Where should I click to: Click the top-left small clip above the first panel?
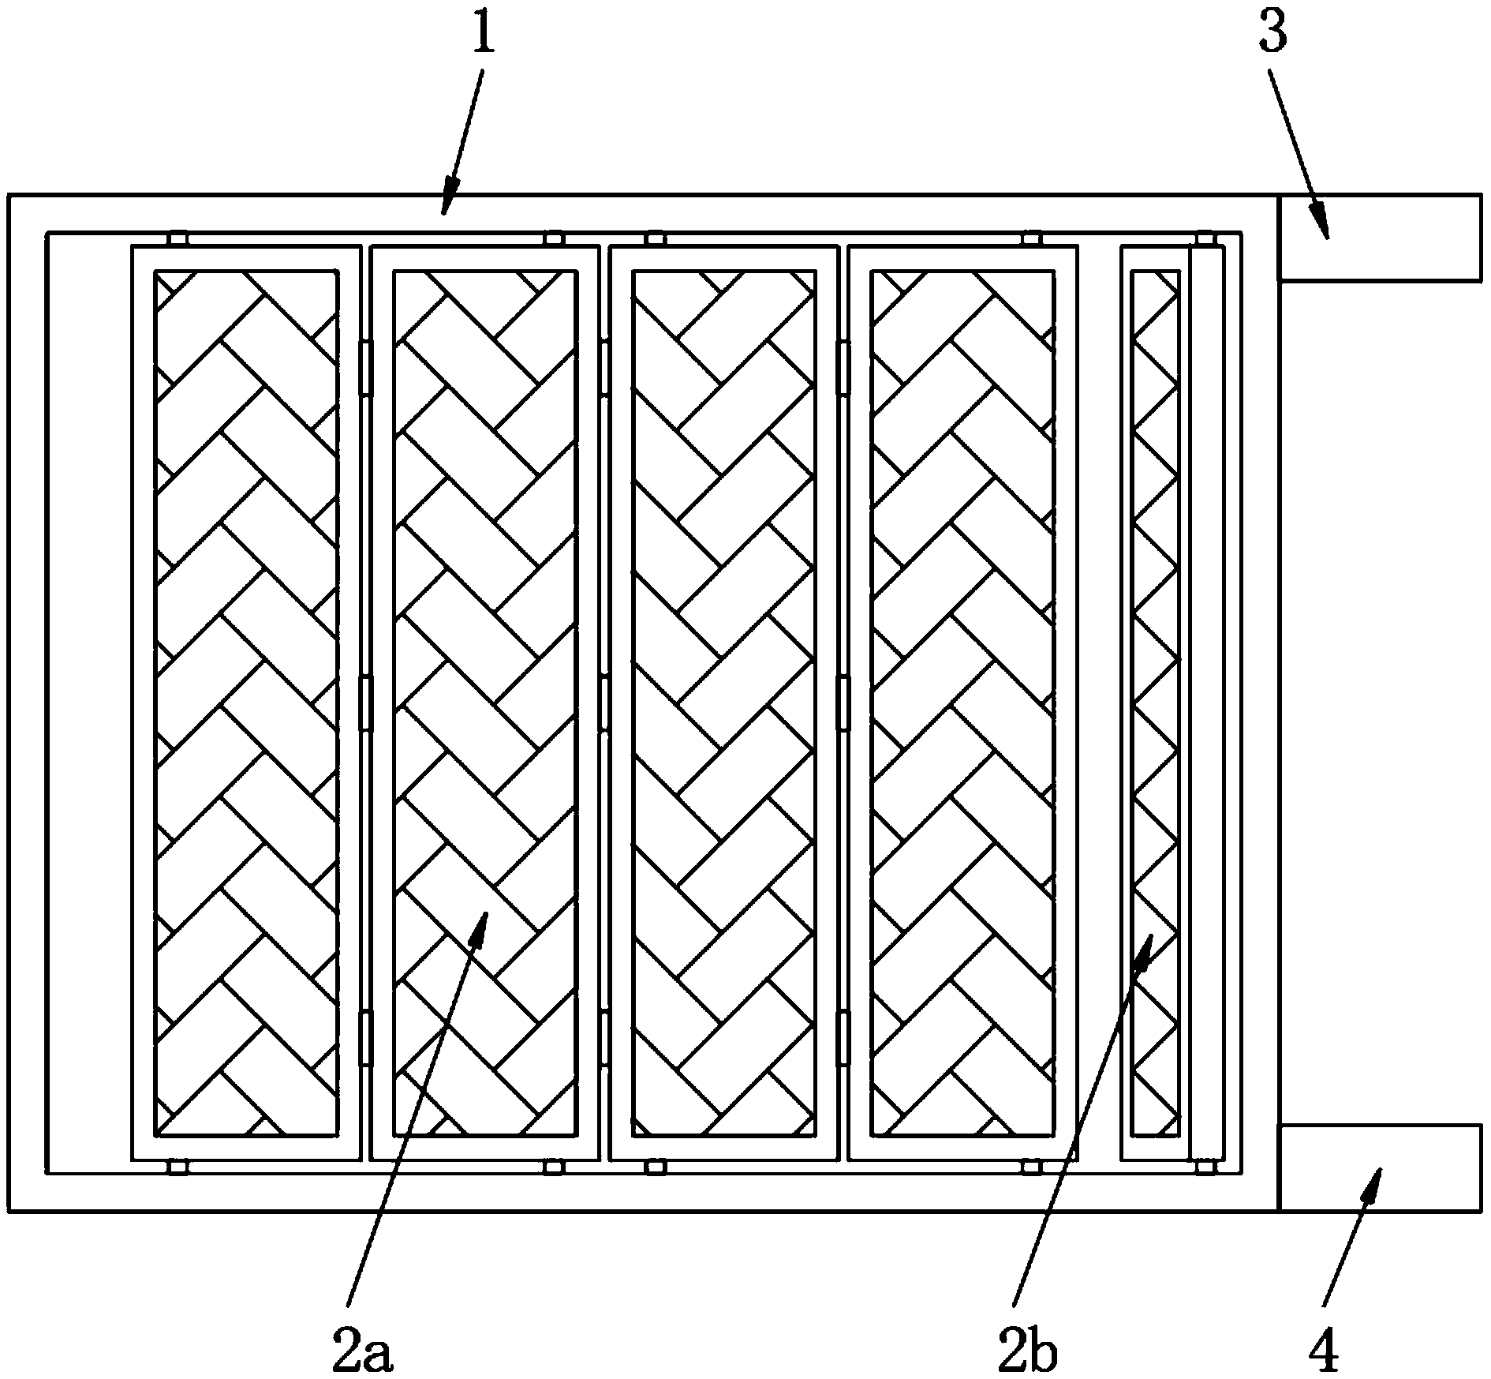(178, 238)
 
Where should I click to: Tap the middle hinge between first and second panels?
(365, 702)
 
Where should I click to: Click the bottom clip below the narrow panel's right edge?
(1204, 1167)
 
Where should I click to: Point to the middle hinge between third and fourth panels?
(843, 702)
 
